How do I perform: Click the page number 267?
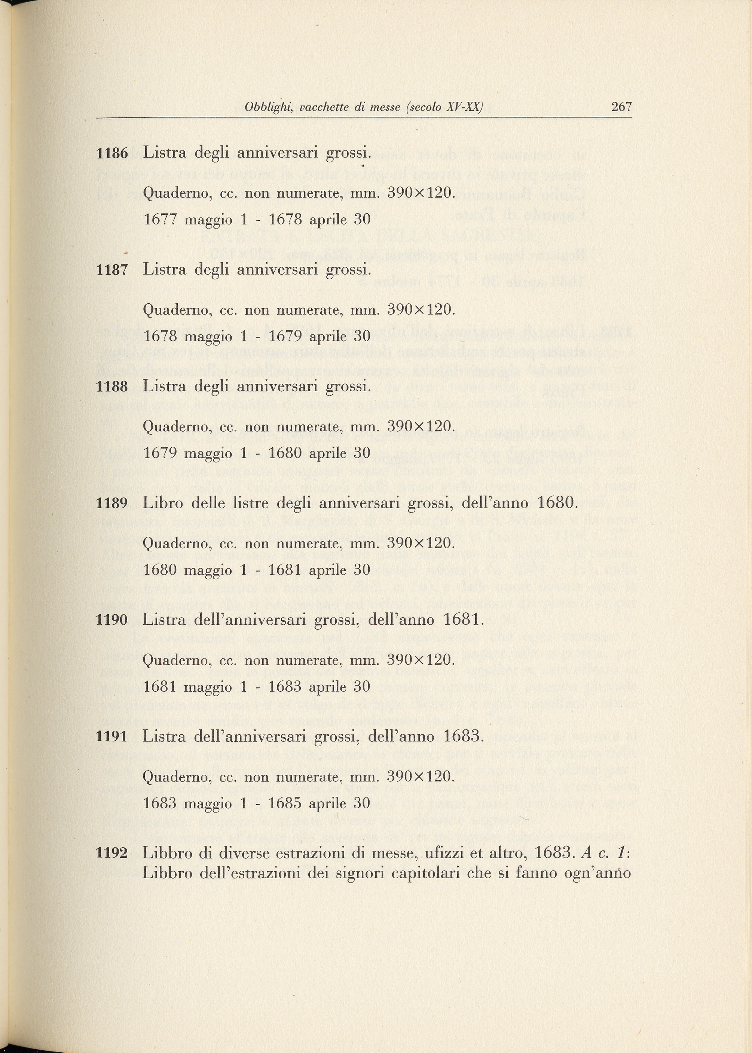coord(621,107)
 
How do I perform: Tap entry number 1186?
coord(111,153)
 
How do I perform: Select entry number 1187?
coord(111,270)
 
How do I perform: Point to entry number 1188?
coord(111,386)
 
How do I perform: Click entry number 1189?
coord(111,503)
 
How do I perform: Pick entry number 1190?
coord(111,620)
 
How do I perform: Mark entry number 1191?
coord(111,737)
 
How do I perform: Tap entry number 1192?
coord(111,853)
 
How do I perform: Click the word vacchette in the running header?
coord(325,107)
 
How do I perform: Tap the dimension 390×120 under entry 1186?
coord(421,193)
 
